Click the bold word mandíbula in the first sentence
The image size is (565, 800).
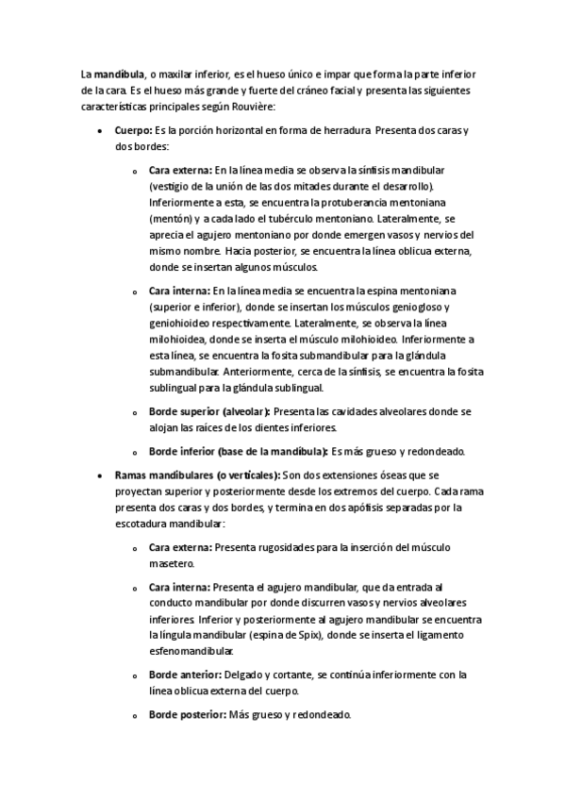click(x=120, y=74)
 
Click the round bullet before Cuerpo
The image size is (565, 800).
click(x=101, y=131)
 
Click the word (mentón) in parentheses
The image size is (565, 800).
click(x=171, y=219)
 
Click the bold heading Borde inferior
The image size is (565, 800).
click(x=238, y=451)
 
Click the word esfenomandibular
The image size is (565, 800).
click(x=193, y=651)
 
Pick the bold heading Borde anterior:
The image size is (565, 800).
click(x=186, y=675)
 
